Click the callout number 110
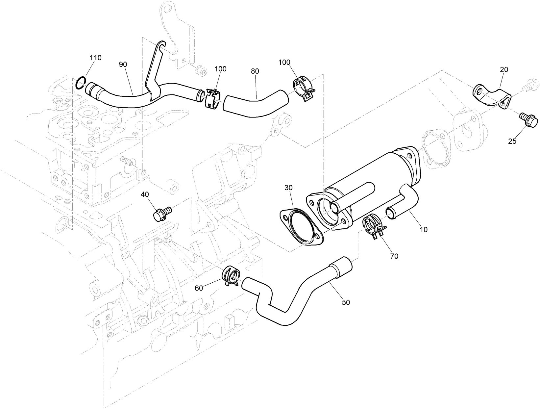96,58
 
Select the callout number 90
123,64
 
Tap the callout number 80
255,71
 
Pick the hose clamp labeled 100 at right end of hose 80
303,88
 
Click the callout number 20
504,69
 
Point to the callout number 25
512,141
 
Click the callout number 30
288,188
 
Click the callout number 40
145,194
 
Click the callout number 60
199,288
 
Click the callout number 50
346,302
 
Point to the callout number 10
424,230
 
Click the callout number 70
394,256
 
